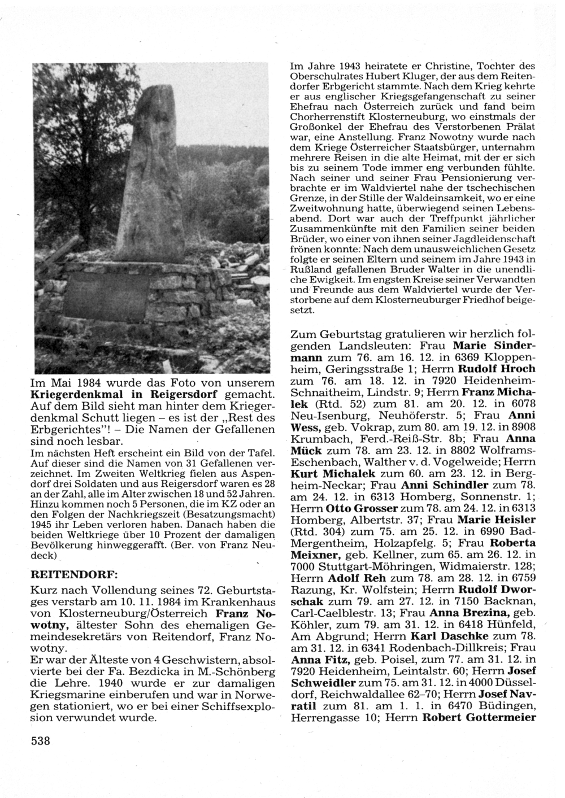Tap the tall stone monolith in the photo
click(150, 175)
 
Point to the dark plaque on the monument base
click(104, 296)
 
